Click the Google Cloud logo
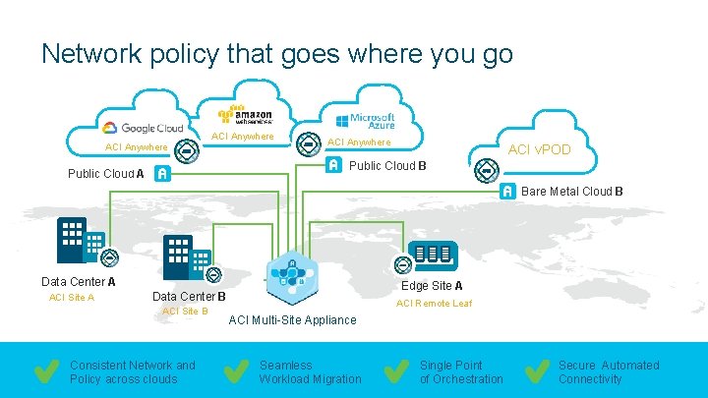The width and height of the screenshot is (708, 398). (x=144, y=128)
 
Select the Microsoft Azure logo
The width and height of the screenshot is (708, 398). (x=365, y=121)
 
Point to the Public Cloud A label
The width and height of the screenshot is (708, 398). (x=105, y=174)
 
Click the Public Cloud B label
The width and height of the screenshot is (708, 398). (x=387, y=165)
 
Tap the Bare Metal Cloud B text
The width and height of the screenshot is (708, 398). (x=575, y=191)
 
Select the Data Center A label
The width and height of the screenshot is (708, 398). (x=78, y=282)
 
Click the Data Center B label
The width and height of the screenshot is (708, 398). (x=189, y=296)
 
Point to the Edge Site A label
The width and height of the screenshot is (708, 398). (x=432, y=286)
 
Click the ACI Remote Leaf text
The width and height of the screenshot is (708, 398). (x=433, y=304)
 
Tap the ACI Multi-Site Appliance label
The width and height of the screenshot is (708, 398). (x=292, y=319)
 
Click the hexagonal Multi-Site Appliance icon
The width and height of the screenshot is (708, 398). (x=291, y=276)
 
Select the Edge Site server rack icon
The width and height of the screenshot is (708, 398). (x=433, y=256)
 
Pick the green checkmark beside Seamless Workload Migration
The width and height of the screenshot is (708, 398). (x=235, y=371)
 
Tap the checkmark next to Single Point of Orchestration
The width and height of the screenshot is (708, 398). (x=396, y=371)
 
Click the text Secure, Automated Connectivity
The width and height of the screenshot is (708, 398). (x=609, y=371)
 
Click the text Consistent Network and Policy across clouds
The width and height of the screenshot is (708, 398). (x=132, y=371)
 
